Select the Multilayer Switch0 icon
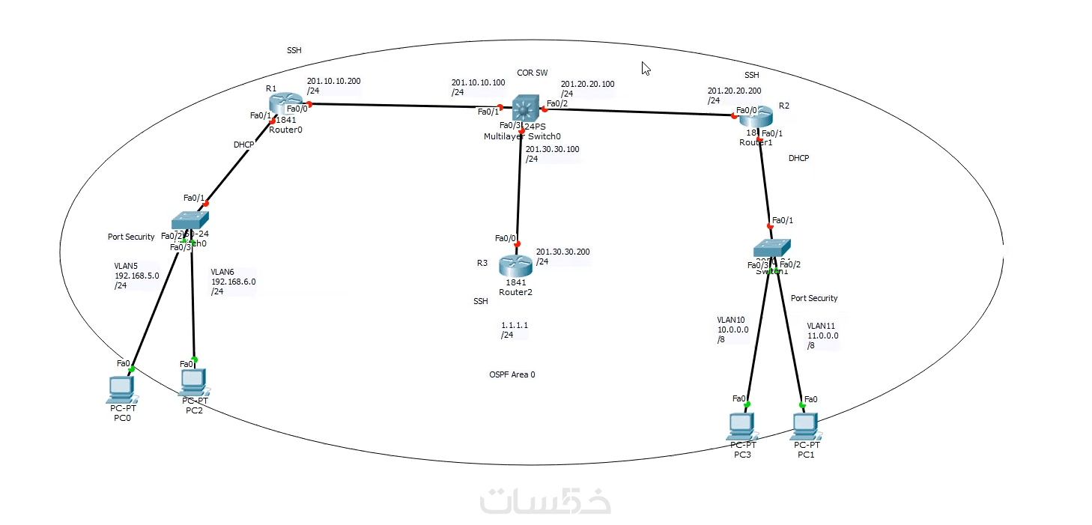pyautogui.click(x=527, y=109)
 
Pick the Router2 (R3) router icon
pyautogui.click(x=516, y=264)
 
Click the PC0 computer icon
pyautogui.click(x=121, y=387)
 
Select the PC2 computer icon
pyautogui.click(x=194, y=382)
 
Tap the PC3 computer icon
pyautogui.click(x=741, y=425)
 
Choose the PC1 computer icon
pyautogui.click(x=805, y=425)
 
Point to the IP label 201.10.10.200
pyautogui.click(x=333, y=81)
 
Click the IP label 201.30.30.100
pyautogui.click(x=552, y=149)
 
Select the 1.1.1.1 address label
pyautogui.click(x=515, y=326)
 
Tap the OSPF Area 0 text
pyautogui.click(x=512, y=374)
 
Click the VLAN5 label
pyautogui.click(x=126, y=266)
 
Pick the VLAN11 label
pyautogui.click(x=821, y=326)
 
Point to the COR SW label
pyautogui.click(x=532, y=73)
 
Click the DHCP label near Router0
pyautogui.click(x=244, y=145)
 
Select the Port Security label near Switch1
pyautogui.click(x=814, y=298)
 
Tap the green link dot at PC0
pyautogui.click(x=131, y=369)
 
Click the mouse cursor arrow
pyautogui.click(x=645, y=67)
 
